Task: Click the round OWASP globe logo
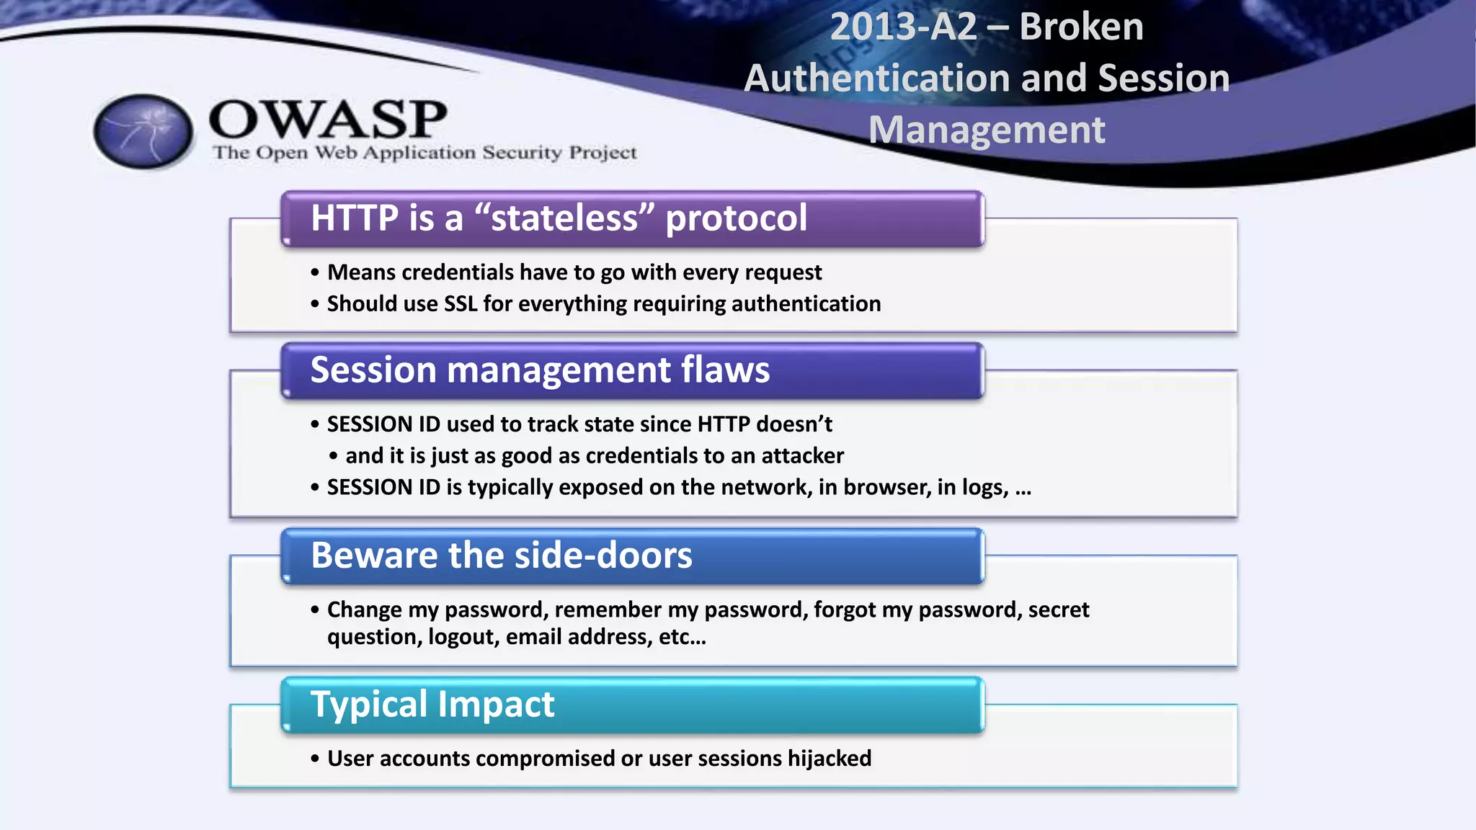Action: coord(143,131)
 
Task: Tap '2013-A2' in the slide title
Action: coord(903,27)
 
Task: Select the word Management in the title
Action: coord(987,130)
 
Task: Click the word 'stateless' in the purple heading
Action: coord(564,218)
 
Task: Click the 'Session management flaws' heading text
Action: coord(540,370)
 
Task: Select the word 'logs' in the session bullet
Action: coord(984,488)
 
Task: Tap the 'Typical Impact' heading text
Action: coord(432,705)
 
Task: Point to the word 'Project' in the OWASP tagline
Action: coord(603,153)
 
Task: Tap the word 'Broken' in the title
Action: coord(1081,27)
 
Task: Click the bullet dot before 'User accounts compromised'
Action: coord(315,759)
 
